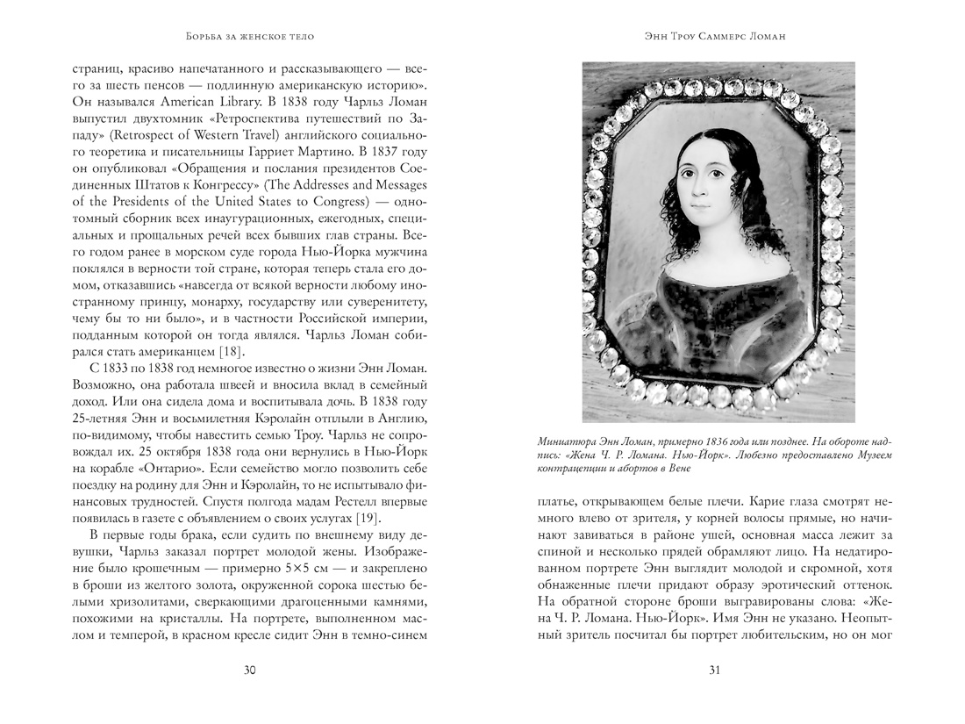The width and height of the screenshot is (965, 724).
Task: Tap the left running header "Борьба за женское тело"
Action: click(249, 36)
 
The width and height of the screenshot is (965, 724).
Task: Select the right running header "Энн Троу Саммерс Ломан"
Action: click(714, 36)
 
